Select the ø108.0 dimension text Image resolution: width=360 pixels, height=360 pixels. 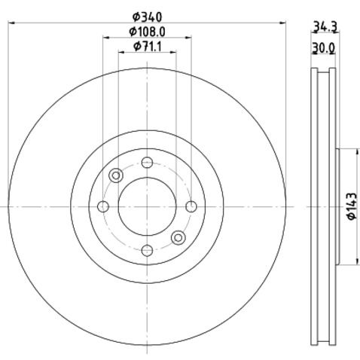click(147, 32)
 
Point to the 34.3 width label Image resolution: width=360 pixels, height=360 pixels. click(325, 28)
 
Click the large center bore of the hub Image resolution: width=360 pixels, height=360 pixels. click(148, 206)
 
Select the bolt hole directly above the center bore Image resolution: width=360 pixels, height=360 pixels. click(148, 163)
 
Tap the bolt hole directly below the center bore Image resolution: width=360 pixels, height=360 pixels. click(148, 249)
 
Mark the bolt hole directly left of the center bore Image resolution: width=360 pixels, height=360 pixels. click(104, 206)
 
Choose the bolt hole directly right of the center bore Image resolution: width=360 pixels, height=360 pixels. click(191, 206)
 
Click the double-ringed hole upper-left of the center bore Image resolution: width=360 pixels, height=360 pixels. click(116, 175)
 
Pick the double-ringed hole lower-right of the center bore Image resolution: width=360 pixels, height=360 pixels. click(178, 237)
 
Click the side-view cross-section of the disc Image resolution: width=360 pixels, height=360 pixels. click(324, 206)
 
